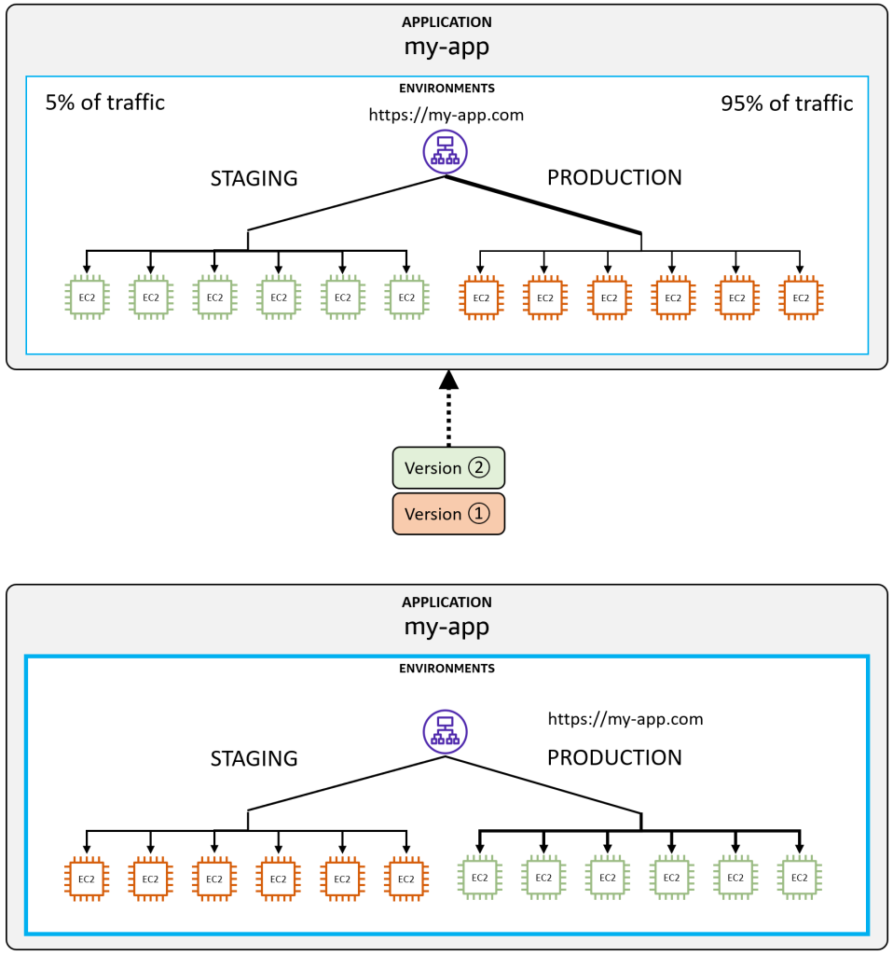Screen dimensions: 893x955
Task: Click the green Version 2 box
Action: click(448, 468)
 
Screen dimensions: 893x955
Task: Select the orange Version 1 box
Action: click(448, 514)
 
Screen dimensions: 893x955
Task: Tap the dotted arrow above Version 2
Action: click(448, 408)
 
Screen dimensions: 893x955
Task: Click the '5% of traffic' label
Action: click(104, 103)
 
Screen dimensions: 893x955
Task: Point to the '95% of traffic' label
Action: click(787, 104)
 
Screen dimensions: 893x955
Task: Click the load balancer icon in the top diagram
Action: click(445, 152)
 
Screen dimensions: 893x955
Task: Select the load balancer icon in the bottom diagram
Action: click(445, 732)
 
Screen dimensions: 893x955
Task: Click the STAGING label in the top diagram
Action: click(254, 178)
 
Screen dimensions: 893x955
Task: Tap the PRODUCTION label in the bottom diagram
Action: click(614, 757)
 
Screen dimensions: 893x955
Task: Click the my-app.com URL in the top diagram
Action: click(446, 115)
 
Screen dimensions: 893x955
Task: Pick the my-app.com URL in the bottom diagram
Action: click(625, 719)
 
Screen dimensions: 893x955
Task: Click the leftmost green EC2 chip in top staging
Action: click(87, 298)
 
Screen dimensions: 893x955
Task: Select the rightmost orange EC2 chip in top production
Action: click(801, 298)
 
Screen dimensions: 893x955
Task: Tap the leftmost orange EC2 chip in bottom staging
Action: click(87, 879)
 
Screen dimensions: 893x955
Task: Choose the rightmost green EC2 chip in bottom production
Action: click(799, 878)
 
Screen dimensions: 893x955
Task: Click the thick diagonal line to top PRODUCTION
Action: click(543, 204)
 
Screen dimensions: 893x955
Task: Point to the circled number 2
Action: click(478, 468)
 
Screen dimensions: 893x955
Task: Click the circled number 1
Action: click(478, 514)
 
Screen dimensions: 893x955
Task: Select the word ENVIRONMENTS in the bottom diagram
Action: click(446, 669)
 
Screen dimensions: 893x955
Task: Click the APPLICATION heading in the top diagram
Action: click(446, 22)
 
